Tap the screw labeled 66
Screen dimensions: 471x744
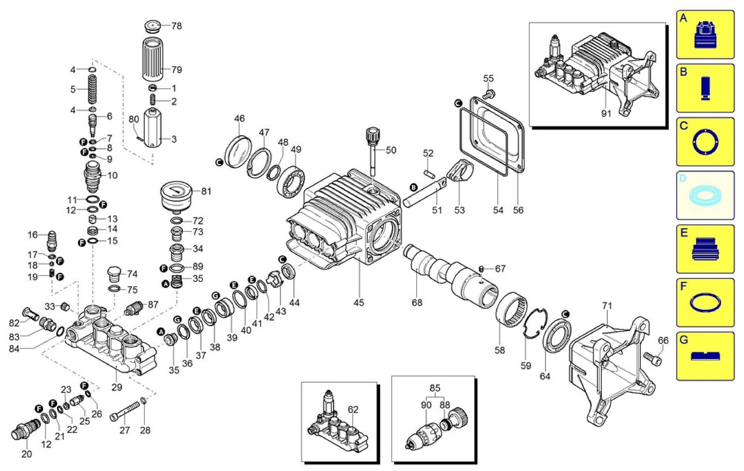[x=652, y=358]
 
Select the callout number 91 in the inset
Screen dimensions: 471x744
[x=606, y=114]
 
